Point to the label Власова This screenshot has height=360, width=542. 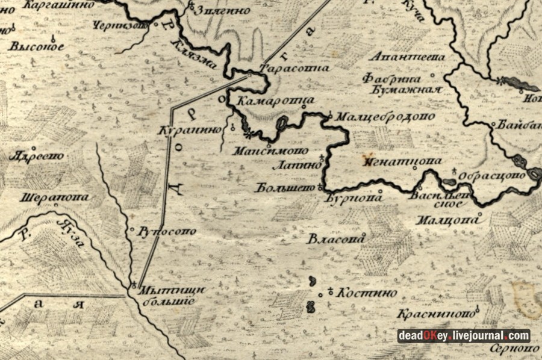(x=337, y=240)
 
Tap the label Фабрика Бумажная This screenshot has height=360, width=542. (x=402, y=83)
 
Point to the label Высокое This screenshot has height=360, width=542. (x=37, y=46)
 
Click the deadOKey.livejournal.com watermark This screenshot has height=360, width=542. (x=463, y=336)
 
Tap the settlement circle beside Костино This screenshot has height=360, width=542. (x=330, y=293)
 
